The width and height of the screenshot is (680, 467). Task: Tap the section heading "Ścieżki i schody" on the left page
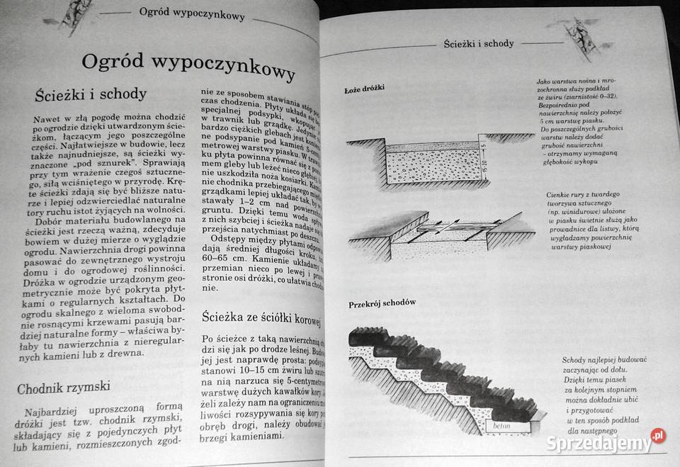click(x=90, y=94)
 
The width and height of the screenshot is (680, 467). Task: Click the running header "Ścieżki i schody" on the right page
click(x=478, y=43)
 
